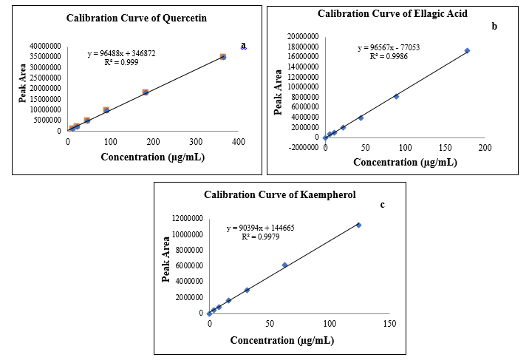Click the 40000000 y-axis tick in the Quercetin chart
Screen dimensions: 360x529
[x=47, y=46]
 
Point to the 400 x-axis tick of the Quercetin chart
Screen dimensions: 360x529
[x=238, y=141]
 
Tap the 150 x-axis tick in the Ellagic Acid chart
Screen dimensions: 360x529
[x=445, y=149]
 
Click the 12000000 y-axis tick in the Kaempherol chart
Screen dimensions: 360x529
[x=182, y=219]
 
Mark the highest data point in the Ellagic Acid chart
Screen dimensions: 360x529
[x=467, y=50]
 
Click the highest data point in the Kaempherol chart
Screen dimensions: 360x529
[x=358, y=225]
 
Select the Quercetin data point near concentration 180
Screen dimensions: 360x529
[x=146, y=92]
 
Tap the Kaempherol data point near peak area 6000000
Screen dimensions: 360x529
[x=284, y=265]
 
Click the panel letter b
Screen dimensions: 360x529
[x=494, y=26]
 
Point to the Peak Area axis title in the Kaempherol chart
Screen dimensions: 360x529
[x=166, y=265]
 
